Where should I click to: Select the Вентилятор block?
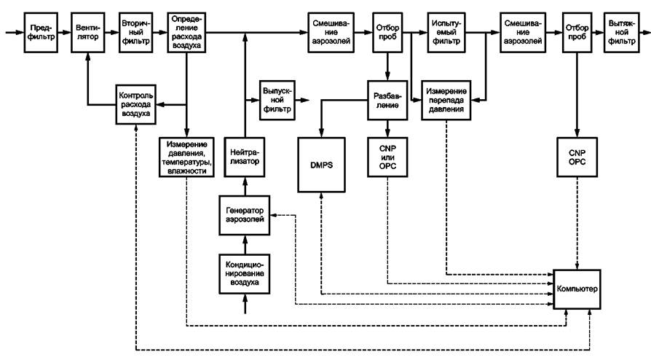[88, 32]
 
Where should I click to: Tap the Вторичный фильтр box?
[137, 32]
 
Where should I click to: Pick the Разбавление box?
[387, 99]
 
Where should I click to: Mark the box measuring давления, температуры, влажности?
[187, 154]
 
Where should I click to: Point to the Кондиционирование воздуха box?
[245, 271]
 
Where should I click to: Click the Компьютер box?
[578, 289]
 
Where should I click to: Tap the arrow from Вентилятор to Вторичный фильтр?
[110, 32]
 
